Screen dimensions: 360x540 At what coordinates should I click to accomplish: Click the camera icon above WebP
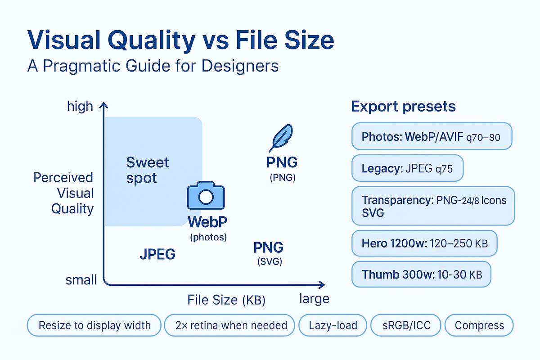pyautogui.click(x=205, y=197)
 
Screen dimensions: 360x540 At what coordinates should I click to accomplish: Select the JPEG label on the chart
pyautogui.click(x=157, y=255)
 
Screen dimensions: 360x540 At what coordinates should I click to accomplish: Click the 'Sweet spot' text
pyautogui.click(x=141, y=170)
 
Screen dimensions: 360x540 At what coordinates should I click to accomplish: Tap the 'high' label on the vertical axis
pyautogui.click(x=80, y=106)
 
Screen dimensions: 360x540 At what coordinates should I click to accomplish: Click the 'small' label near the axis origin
pyautogui.click(x=81, y=280)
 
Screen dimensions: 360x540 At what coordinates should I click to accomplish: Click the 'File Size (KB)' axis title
pyautogui.click(x=226, y=300)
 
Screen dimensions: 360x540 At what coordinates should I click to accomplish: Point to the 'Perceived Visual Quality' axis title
pyautogui.click(x=63, y=193)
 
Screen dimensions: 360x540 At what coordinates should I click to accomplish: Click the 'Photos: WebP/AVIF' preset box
pyautogui.click(x=432, y=136)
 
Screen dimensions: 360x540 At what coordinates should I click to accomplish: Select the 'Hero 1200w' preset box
pyautogui.click(x=424, y=243)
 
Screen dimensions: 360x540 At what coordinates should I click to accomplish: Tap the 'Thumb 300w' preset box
pyautogui.click(x=421, y=274)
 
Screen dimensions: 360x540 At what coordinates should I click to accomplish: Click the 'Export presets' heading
pyautogui.click(x=403, y=107)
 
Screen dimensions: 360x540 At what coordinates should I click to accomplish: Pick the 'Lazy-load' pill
pyautogui.click(x=333, y=325)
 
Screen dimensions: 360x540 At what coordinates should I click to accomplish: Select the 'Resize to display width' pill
pyautogui.click(x=94, y=325)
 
